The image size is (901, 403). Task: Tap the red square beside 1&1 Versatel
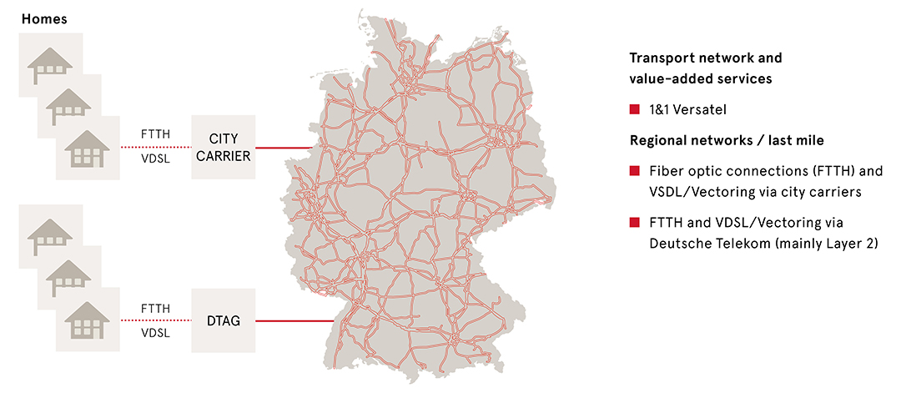[635, 109]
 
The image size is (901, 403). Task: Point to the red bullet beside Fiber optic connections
[635, 172]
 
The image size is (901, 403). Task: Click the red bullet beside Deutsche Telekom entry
[635, 223]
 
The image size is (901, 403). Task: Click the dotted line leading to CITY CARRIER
[155, 147]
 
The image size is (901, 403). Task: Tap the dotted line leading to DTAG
[155, 320]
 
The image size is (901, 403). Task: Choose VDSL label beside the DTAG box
[155, 332]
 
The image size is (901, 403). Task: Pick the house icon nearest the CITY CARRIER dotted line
[87, 147]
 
